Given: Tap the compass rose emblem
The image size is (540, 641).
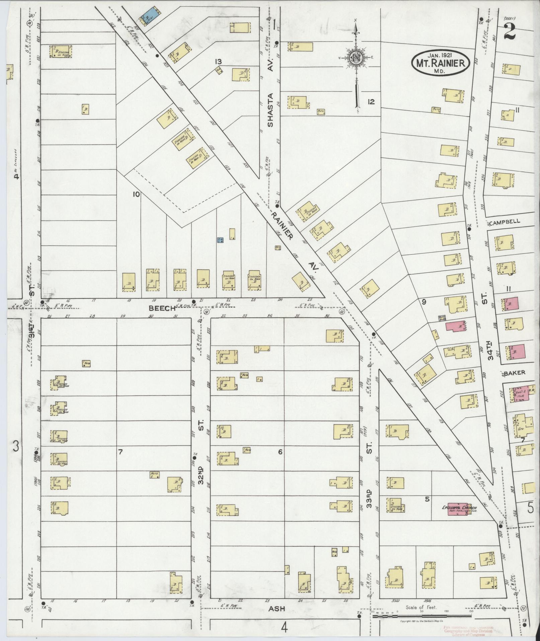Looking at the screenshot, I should click(356, 57).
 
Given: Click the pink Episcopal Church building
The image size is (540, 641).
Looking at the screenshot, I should click(459, 509).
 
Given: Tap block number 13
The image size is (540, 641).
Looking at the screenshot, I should click(218, 62).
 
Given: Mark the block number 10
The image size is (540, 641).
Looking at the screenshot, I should click(136, 194).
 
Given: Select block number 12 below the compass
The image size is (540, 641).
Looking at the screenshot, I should click(371, 102).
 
